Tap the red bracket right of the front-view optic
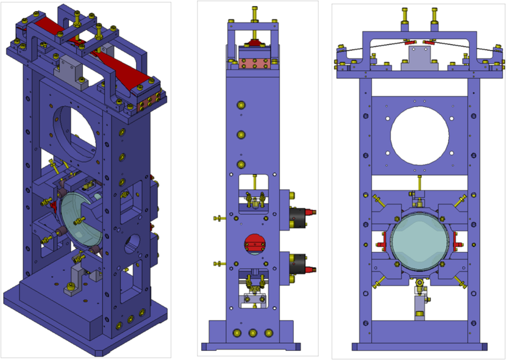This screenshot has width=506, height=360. [x=458, y=245]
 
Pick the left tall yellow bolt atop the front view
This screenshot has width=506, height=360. [x=405, y=16]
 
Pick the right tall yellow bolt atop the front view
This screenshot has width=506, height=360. [x=434, y=16]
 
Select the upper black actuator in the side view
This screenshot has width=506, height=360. [x=298, y=215]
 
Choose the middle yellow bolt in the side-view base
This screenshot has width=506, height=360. [x=252, y=333]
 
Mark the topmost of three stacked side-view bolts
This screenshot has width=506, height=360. [x=241, y=106]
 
